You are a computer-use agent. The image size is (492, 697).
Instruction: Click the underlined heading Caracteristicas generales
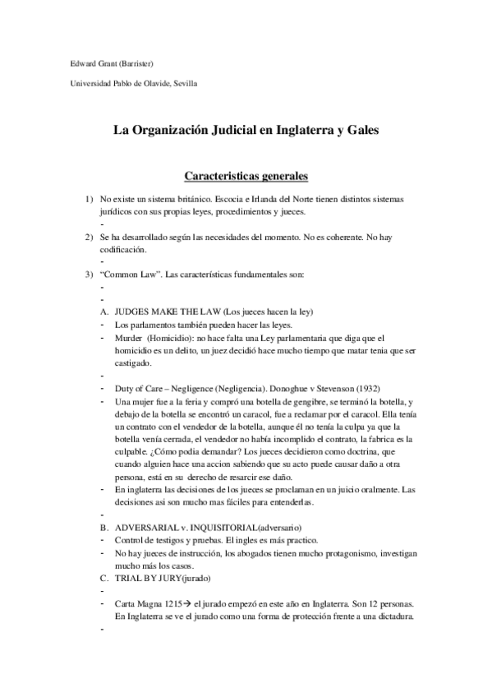(245, 176)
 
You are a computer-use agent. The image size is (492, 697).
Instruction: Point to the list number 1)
(90, 200)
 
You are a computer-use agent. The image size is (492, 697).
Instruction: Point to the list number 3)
(90, 275)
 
